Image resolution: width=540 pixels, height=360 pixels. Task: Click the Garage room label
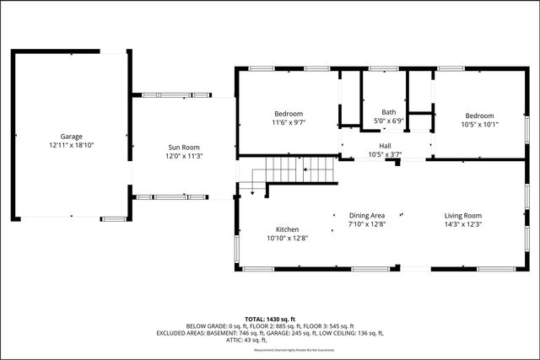point(71,137)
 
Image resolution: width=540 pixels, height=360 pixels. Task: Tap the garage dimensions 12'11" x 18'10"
point(71,145)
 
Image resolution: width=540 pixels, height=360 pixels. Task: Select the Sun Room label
point(184,148)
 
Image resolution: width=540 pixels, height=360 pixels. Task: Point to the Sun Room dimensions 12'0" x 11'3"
point(184,156)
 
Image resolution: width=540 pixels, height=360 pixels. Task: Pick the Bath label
point(388,112)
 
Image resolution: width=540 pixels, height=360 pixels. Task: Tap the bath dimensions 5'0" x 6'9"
point(389,121)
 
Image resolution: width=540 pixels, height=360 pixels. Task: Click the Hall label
point(386,146)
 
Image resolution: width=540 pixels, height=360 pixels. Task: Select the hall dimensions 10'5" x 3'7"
point(386,154)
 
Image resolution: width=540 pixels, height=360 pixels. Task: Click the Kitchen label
point(288,229)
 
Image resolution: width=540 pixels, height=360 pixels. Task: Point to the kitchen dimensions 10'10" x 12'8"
point(288,238)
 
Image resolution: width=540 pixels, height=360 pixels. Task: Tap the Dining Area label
point(367,216)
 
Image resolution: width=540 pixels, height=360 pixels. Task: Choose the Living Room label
point(463,216)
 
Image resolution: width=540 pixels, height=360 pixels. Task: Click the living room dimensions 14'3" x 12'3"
point(463,225)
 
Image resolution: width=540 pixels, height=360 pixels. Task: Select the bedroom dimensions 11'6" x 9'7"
point(289,123)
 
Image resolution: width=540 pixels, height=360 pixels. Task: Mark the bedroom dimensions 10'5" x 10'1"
point(479,124)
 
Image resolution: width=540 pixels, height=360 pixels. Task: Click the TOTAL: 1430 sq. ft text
point(270,318)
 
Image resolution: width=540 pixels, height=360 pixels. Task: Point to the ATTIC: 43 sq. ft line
point(270,340)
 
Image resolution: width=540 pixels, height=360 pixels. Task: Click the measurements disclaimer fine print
point(270,349)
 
